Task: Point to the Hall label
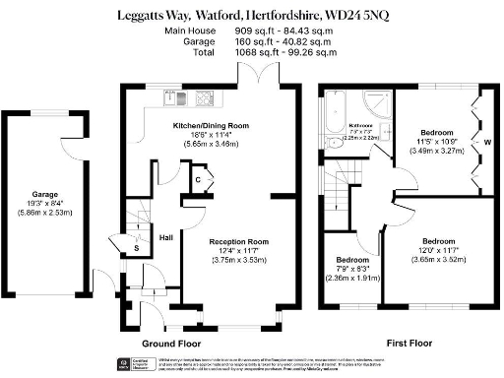(167, 237)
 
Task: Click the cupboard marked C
(198, 181)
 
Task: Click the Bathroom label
(363, 126)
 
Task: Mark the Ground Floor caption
(171, 345)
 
